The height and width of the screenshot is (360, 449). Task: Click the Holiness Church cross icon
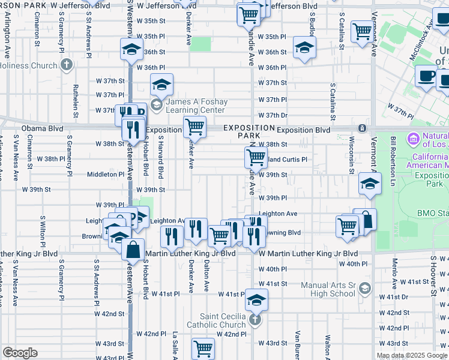[x=66, y=64]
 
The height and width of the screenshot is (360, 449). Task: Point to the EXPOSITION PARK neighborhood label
[x=249, y=131]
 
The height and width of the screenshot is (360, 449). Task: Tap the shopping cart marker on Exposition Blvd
[x=194, y=127]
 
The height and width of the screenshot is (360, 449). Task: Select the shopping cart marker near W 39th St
[x=256, y=158]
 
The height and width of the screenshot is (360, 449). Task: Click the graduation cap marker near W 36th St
[x=304, y=47]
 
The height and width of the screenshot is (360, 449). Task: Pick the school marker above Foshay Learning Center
[x=161, y=85]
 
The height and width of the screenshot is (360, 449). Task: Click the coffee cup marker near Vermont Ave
[x=427, y=76]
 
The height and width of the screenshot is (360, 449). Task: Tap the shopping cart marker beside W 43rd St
[x=203, y=348]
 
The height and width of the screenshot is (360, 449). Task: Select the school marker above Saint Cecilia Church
[x=256, y=299]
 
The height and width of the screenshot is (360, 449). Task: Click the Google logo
[x=20, y=352]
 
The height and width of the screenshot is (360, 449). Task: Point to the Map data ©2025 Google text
[x=412, y=355]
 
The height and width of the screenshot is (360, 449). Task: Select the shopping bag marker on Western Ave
[x=133, y=248]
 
